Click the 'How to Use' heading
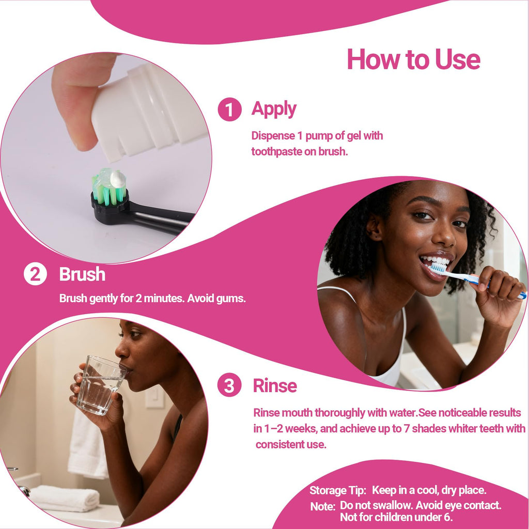pos(413,59)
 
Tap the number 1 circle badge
pos(229,110)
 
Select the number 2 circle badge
pos(35,274)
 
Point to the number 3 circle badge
pos(229,385)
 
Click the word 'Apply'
pos(274,110)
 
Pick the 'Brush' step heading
pos(82,274)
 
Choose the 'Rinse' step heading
pos(275,385)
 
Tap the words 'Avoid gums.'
pos(216,298)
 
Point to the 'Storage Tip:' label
pos(338,491)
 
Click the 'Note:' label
pos(323,506)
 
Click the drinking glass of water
pos(101,384)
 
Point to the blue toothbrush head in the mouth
pos(439,268)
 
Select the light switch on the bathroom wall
pos(154,397)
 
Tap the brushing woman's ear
pos(374,227)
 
